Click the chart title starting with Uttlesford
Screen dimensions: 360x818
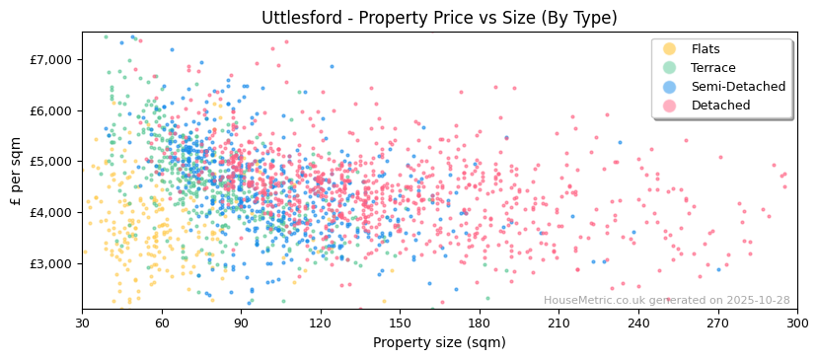pyautogui.click(x=439, y=18)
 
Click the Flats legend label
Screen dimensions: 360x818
pyautogui.click(x=706, y=49)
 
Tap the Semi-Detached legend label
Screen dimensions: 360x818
pyautogui.click(x=738, y=87)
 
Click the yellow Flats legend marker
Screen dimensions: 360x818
pyautogui.click(x=669, y=49)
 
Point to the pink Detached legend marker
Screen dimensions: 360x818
pyautogui.click(x=669, y=106)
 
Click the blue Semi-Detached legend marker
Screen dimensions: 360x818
pyautogui.click(x=669, y=87)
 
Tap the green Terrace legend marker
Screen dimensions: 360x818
pyautogui.click(x=669, y=68)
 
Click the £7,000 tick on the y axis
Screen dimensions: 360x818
pyautogui.click(x=51, y=59)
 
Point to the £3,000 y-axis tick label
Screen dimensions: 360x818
pyautogui.click(x=51, y=263)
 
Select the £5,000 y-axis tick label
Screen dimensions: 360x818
pyautogui.click(x=51, y=161)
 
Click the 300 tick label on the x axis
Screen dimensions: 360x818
pyautogui.click(x=796, y=323)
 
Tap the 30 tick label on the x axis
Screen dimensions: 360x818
pyautogui.click(x=82, y=323)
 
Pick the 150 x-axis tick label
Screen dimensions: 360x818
pyautogui.click(x=400, y=323)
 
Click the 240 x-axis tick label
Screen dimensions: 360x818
pyautogui.click(x=637, y=323)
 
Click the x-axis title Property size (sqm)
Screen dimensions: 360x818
pyautogui.click(x=439, y=342)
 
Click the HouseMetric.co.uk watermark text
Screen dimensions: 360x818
pyautogui.click(x=667, y=300)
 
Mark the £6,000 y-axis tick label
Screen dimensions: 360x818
pyautogui.click(x=51, y=110)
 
